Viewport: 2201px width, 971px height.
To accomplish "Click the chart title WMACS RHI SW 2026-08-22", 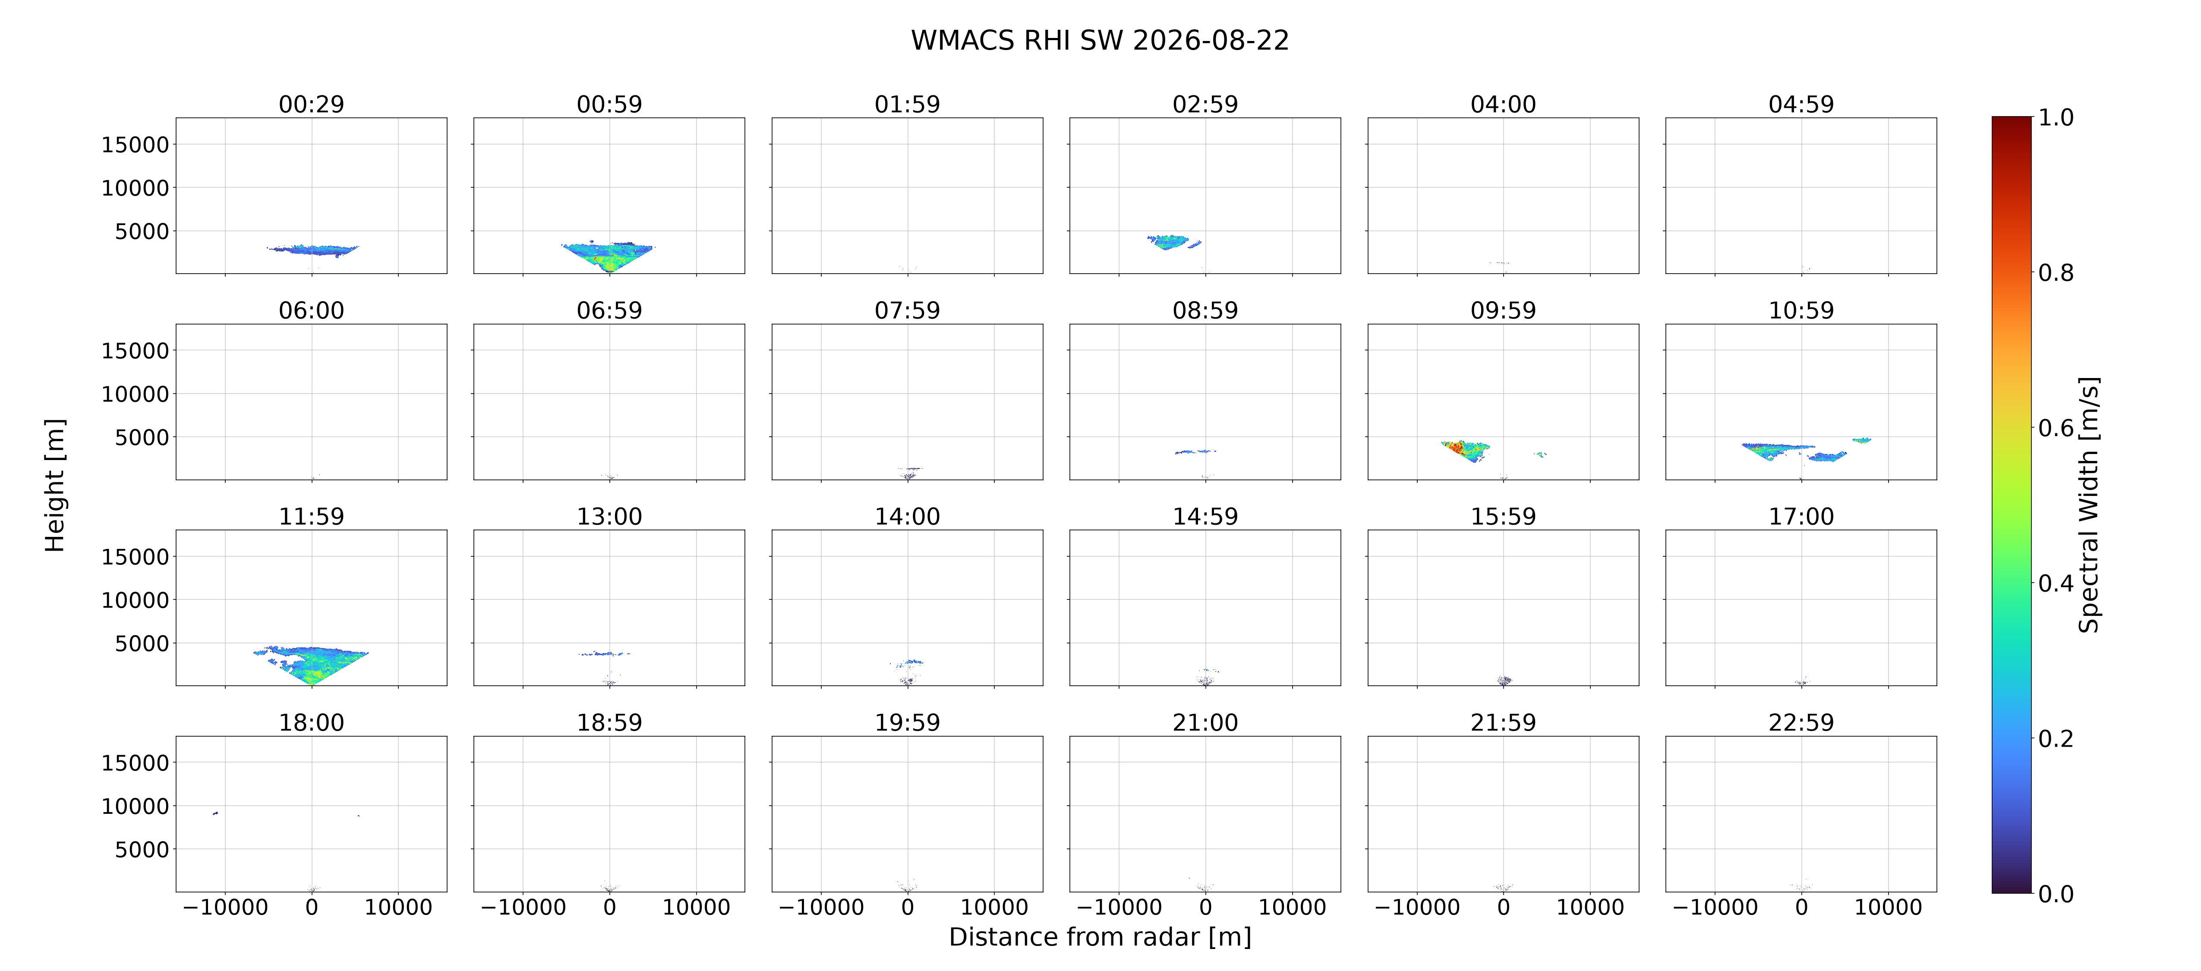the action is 1100,40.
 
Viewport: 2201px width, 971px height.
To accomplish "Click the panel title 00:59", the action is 609,104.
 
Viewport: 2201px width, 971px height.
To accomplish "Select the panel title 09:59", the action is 1503,310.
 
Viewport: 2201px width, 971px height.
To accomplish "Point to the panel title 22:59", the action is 1801,722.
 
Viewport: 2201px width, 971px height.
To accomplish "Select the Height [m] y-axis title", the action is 55,486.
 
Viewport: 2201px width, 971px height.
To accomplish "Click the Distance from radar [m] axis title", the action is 1100,937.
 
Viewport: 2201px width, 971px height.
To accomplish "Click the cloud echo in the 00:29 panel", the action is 313,249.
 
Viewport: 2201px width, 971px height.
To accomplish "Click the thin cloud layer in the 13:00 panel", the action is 604,654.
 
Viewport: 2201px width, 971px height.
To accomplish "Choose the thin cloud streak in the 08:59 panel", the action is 1195,451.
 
